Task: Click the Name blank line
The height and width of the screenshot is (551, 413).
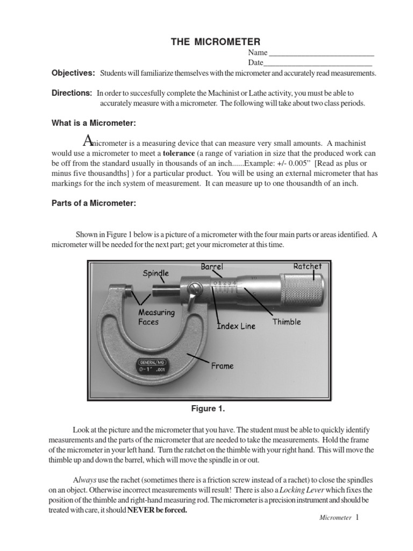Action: pyautogui.click(x=321, y=54)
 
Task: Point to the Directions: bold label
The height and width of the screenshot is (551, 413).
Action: pyautogui.click(x=72, y=93)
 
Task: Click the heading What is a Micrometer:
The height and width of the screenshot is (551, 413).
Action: pyautogui.click(x=94, y=123)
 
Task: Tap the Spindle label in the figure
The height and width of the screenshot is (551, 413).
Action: pyautogui.click(x=155, y=273)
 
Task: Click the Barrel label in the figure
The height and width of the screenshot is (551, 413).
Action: pyautogui.click(x=211, y=266)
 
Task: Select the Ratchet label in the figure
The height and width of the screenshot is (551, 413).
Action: pyautogui.click(x=307, y=266)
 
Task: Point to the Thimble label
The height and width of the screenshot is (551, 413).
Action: pyautogui.click(x=286, y=322)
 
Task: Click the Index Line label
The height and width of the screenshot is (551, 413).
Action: pyautogui.click(x=236, y=326)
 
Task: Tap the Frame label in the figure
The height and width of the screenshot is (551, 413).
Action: pyautogui.click(x=222, y=366)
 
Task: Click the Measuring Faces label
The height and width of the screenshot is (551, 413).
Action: pyautogui.click(x=156, y=317)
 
